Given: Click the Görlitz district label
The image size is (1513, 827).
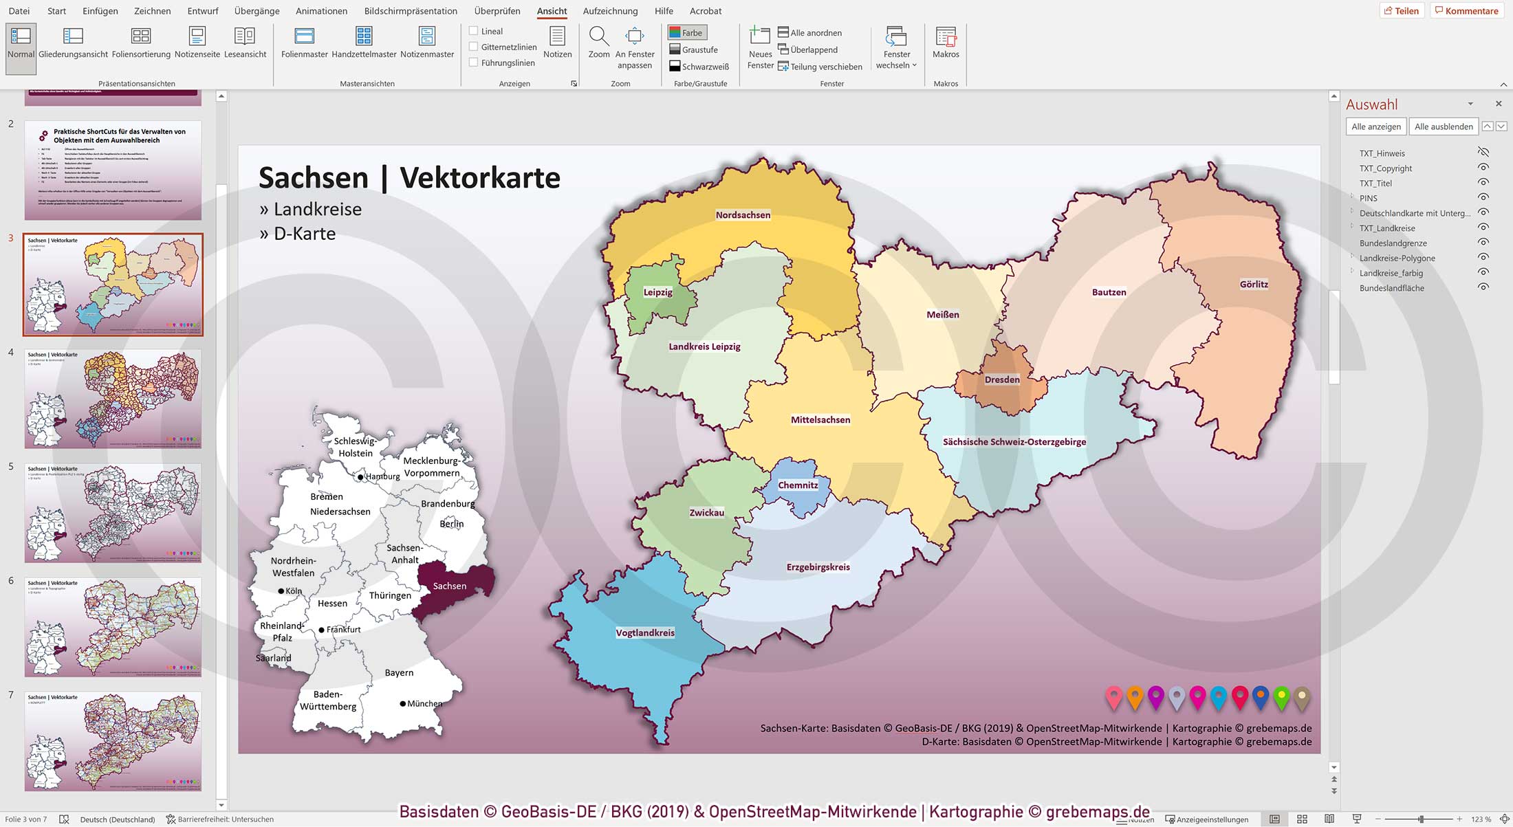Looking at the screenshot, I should click(x=1254, y=284).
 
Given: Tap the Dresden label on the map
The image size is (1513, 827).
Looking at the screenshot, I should click(x=1002, y=379).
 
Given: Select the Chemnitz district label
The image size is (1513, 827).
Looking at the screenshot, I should click(x=798, y=485).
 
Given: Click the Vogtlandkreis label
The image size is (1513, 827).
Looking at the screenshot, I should click(x=645, y=632).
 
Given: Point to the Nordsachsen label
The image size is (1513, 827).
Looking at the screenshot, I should click(x=743, y=214).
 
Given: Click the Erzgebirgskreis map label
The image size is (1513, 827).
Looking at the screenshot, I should click(x=818, y=567).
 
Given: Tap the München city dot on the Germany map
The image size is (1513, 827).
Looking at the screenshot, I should click(x=403, y=703).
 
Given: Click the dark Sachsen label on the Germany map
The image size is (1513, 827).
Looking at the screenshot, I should click(x=450, y=586).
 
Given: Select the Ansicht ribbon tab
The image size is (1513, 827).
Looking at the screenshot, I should click(x=552, y=11).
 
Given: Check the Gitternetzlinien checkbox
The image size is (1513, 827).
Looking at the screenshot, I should click(x=473, y=47).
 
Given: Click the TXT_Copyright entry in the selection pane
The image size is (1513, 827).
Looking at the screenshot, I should click(x=1385, y=168).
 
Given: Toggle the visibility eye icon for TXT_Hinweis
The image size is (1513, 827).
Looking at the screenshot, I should click(x=1483, y=153).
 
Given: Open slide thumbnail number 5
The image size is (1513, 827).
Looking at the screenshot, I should click(x=113, y=512).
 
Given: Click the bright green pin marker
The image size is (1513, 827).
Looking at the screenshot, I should click(x=1281, y=696).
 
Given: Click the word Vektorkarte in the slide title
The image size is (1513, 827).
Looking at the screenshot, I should click(x=479, y=177).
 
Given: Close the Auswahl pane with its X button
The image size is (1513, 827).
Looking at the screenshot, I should click(x=1499, y=104).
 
